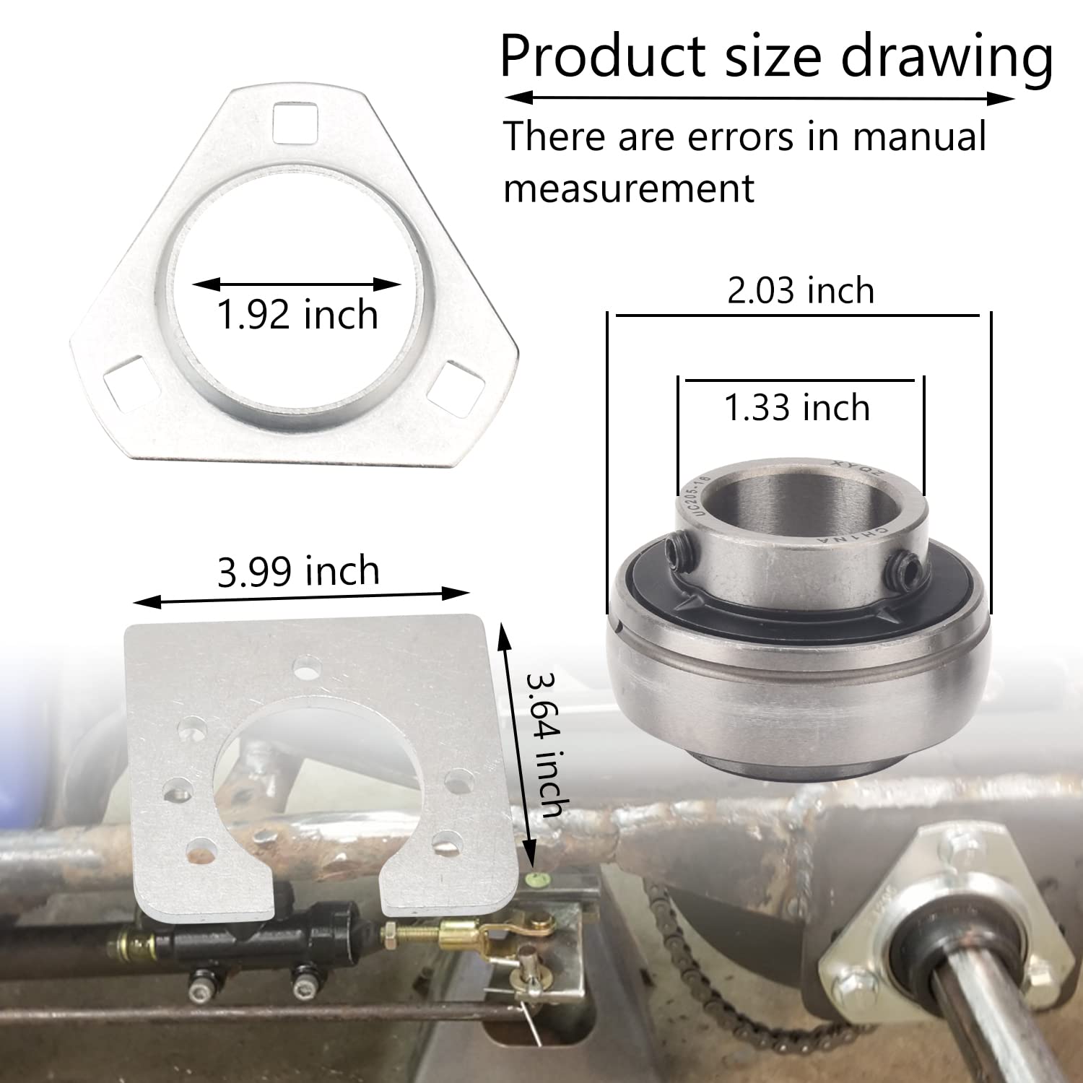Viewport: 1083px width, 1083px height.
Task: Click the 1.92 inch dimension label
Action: [297, 316]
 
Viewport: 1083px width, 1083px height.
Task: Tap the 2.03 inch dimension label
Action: [801, 291]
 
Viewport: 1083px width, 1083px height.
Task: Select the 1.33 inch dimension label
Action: [797, 408]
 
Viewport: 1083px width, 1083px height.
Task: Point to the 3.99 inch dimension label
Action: [298, 572]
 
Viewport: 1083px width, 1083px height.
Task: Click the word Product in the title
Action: [603, 56]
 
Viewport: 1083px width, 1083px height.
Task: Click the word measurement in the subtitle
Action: [629, 188]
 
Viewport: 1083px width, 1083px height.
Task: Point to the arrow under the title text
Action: [759, 98]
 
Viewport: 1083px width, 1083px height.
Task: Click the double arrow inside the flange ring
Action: [297, 284]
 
